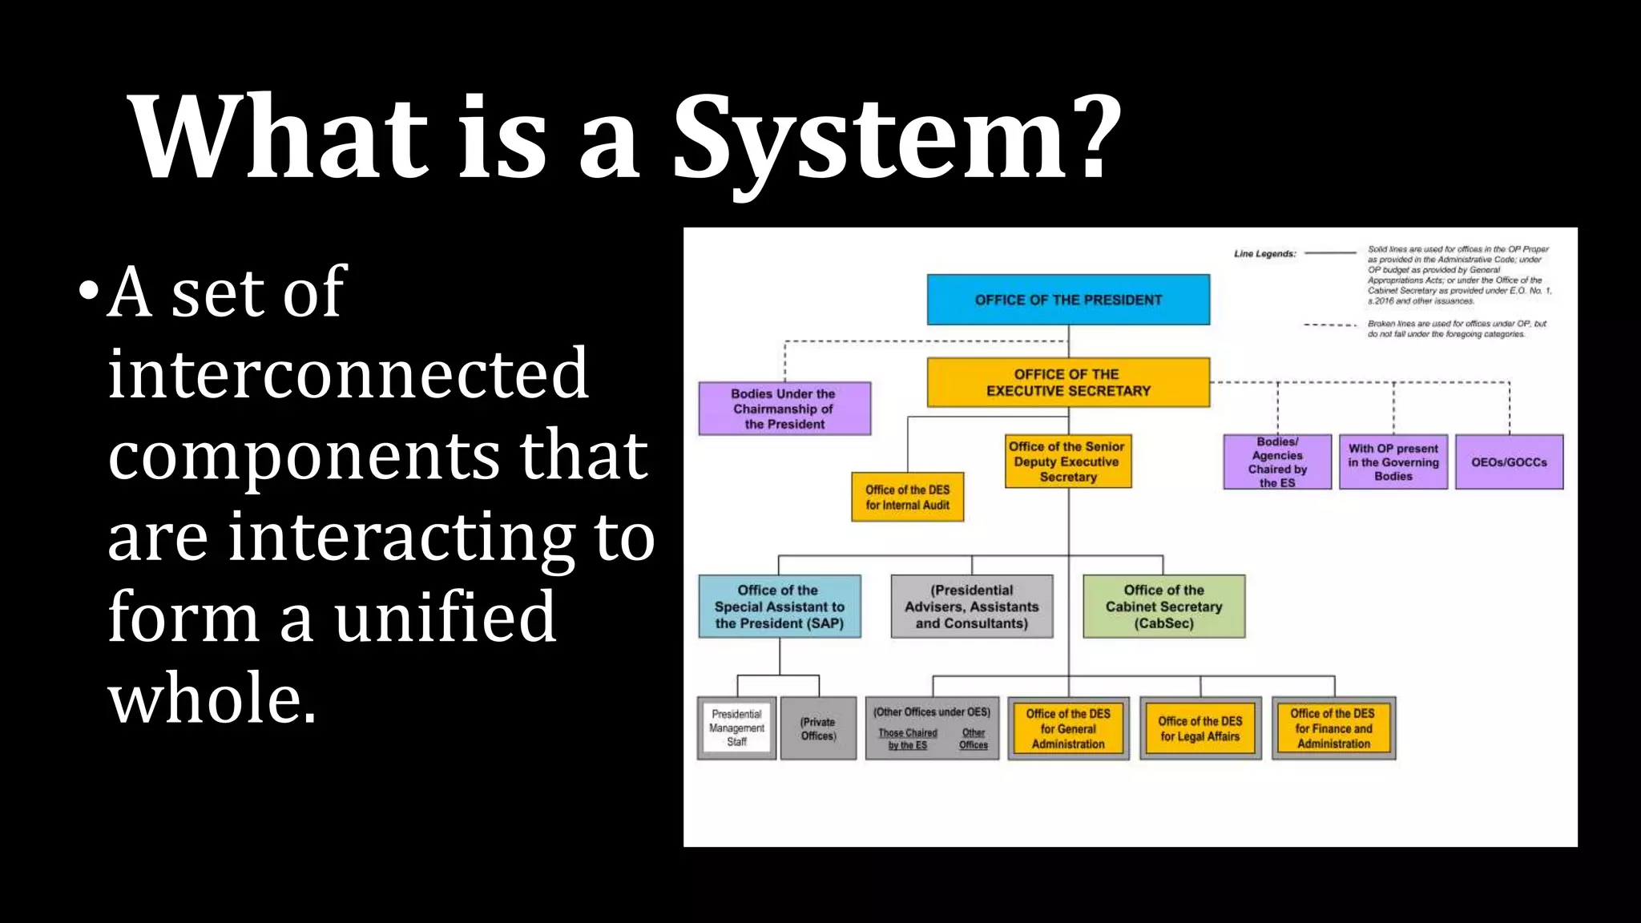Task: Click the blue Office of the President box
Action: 1068,300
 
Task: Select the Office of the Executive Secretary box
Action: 1068,382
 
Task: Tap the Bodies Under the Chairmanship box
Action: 784,409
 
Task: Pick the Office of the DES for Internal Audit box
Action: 907,497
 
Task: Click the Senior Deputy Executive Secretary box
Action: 1068,461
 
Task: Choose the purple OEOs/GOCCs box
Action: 1509,462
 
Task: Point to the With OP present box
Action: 1393,462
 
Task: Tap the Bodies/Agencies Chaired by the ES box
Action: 1277,462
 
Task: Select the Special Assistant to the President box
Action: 780,607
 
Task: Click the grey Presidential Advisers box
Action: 972,607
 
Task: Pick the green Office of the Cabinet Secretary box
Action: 1163,607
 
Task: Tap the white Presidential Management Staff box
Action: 736,728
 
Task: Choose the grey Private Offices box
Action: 818,728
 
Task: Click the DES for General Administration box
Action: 1068,728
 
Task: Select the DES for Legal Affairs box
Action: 1200,728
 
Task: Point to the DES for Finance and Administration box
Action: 1333,728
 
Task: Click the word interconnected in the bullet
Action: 349,373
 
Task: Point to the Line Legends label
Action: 1264,254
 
